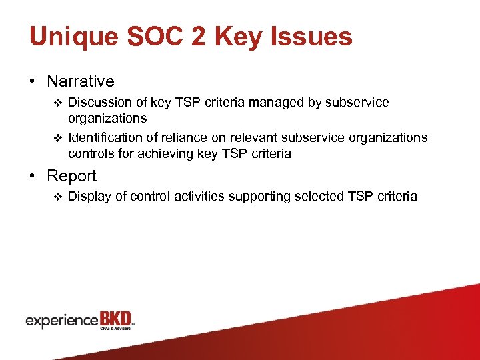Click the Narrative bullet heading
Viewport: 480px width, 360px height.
pyautogui.click(x=80, y=81)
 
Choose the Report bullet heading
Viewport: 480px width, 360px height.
pyautogui.click(x=71, y=176)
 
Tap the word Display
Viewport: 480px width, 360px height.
pyautogui.click(x=87, y=196)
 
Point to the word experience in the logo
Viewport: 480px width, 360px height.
pyautogui.click(x=61, y=321)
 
